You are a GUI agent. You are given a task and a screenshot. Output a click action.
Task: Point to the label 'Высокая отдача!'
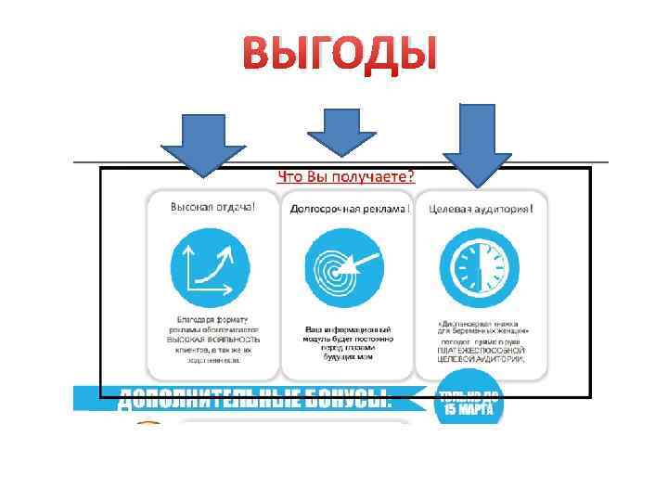tap(212, 207)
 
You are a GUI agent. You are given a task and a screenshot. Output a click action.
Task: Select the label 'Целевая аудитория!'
tap(481, 209)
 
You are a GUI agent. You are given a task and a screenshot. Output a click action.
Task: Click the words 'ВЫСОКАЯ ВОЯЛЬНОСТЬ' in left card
tap(213, 340)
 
